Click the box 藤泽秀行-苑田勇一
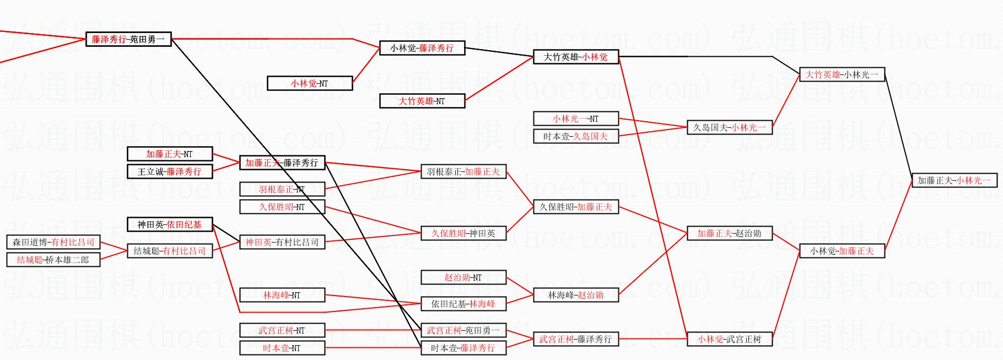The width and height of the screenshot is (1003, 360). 128,40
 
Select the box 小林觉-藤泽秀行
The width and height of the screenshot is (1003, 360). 422,49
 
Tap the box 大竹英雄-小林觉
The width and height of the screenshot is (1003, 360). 576,57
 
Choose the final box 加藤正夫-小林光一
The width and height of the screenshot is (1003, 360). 954,181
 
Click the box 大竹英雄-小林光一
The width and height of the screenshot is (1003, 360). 842,75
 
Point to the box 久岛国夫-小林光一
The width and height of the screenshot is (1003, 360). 729,128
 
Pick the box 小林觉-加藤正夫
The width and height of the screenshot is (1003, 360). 842,251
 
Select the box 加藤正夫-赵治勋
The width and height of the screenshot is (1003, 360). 729,234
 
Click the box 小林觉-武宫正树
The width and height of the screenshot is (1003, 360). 729,340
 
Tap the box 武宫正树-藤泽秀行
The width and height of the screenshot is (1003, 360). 576,340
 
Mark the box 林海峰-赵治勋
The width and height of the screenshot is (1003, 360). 576,295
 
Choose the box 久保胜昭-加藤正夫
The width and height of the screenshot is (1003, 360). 576,207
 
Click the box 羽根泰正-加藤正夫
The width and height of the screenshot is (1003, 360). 463,172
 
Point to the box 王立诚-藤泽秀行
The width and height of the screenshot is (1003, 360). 170,172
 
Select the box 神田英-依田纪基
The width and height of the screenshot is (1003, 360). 170,225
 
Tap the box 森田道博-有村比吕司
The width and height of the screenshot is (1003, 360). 53,243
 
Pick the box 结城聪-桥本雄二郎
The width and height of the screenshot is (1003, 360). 53,260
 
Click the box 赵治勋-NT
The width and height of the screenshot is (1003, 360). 463,278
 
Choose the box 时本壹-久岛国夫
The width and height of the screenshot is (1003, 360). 576,137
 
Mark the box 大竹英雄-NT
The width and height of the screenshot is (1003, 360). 422,101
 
